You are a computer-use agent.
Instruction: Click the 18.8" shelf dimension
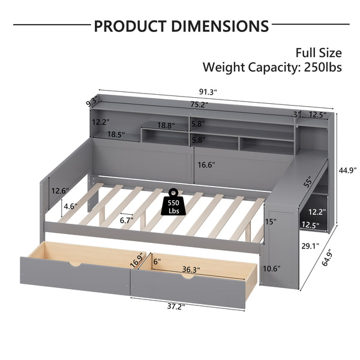tap(166, 126)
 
